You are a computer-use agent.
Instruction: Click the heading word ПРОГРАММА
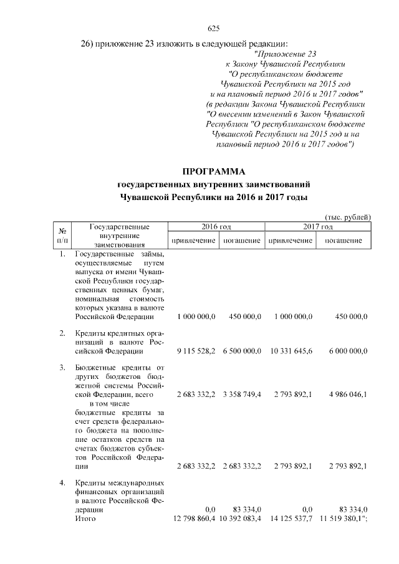click(x=214, y=171)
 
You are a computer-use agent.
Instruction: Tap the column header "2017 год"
click(x=318, y=227)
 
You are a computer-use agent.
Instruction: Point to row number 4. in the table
click(x=62, y=483)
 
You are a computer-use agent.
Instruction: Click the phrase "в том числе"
click(x=108, y=404)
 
